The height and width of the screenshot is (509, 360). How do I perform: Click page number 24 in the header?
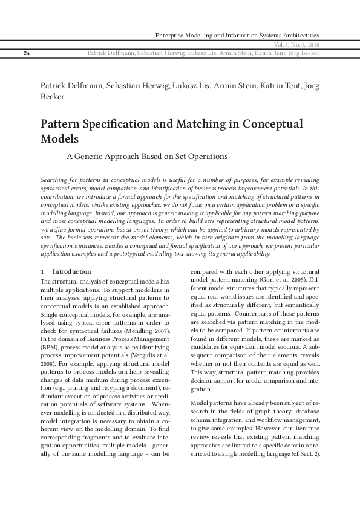[x=27, y=53]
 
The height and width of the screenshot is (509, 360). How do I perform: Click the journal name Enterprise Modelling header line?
[x=237, y=36]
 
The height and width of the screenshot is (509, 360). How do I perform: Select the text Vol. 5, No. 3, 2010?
[x=296, y=45]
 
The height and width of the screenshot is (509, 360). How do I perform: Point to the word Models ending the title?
[x=60, y=138]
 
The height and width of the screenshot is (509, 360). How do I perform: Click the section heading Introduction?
[x=72, y=271]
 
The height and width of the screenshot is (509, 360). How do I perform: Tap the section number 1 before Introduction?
[x=42, y=271]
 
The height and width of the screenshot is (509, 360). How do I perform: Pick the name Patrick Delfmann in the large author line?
[x=67, y=85]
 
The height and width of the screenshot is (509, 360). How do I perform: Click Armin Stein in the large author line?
[x=234, y=85]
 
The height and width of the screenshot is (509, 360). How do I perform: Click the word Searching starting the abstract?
[x=55, y=181]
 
